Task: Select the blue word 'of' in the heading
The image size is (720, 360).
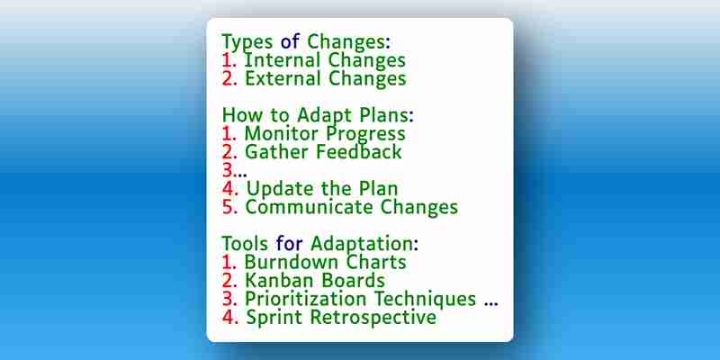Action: point(290,41)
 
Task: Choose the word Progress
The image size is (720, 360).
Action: point(365,134)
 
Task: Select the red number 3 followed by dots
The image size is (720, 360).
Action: point(235,170)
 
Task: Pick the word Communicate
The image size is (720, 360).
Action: point(310,207)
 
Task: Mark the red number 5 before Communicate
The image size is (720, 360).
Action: point(229,207)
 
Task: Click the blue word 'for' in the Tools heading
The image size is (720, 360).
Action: point(290,243)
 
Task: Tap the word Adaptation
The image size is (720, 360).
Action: point(364,244)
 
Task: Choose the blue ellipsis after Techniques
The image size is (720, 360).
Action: point(490,304)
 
